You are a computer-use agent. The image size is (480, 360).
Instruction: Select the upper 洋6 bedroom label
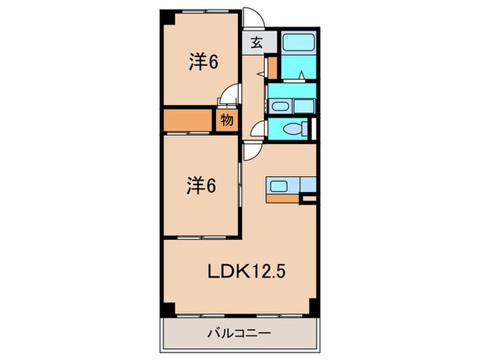(204, 62)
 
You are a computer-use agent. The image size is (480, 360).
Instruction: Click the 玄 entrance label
(255, 43)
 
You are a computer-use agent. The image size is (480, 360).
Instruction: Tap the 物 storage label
(226, 121)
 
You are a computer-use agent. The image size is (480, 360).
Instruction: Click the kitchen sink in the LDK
(280, 184)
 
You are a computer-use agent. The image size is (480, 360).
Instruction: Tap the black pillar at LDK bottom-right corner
(312, 304)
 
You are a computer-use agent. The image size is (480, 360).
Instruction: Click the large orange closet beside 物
(189, 121)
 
